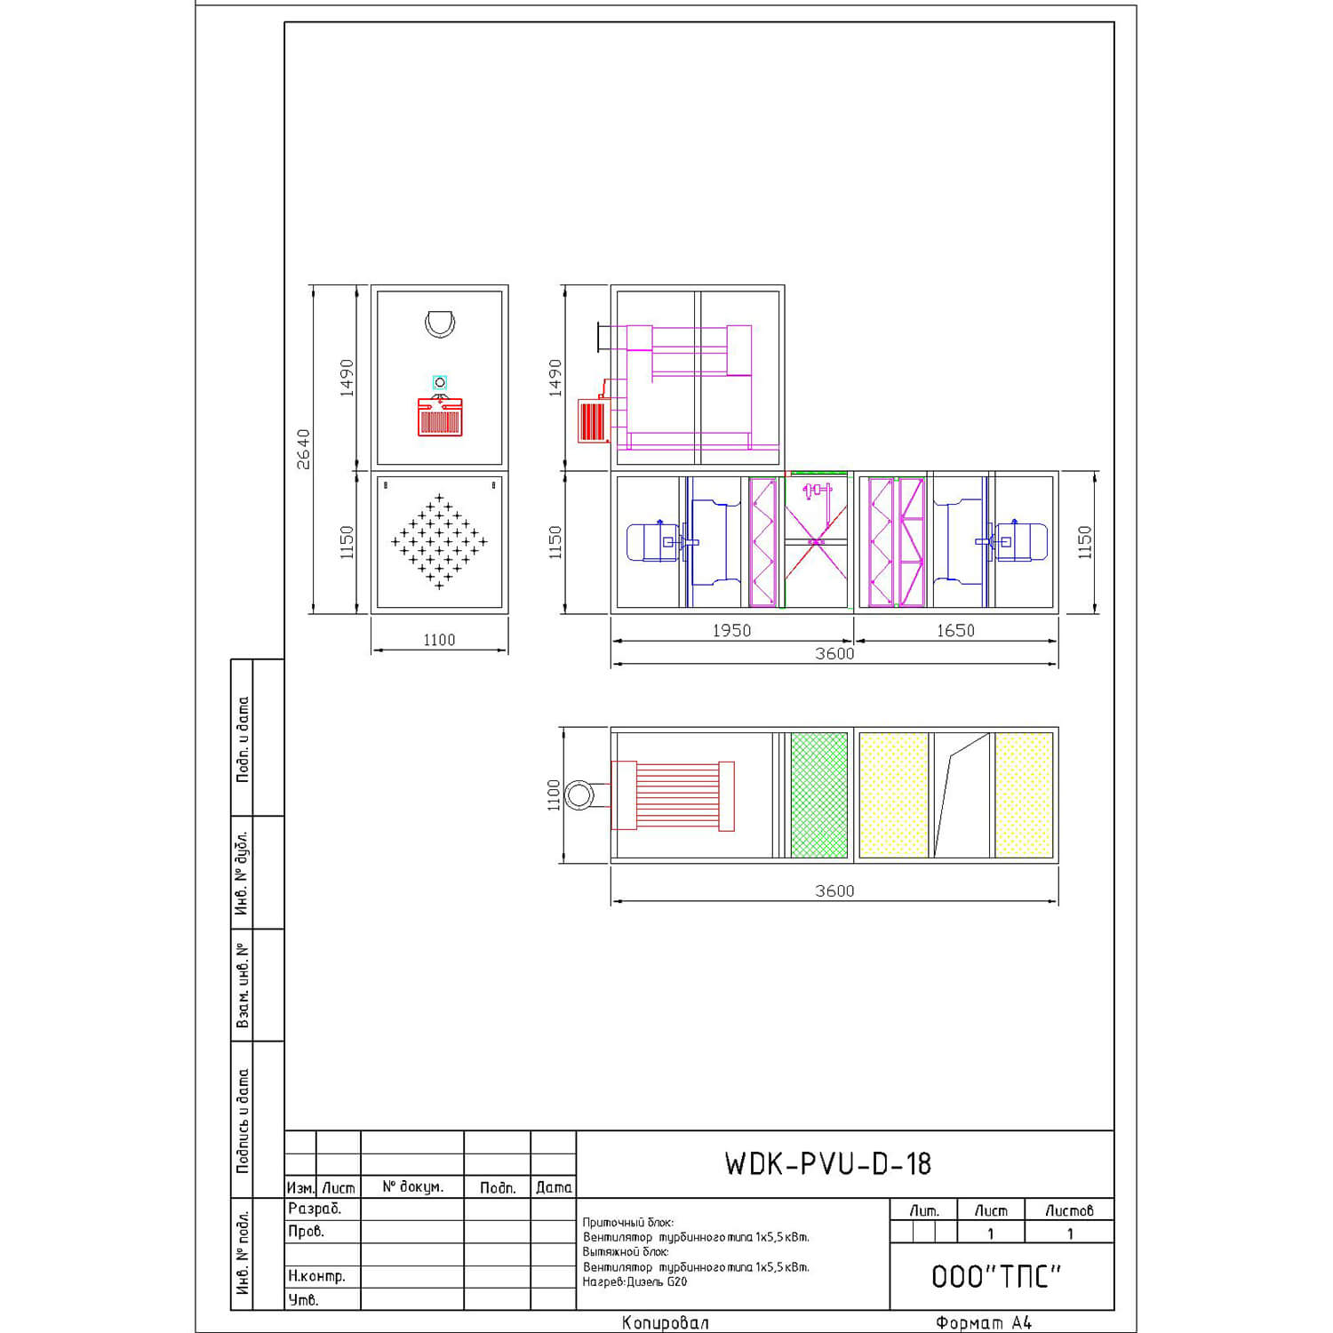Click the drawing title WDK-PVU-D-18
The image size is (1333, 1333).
point(827,1164)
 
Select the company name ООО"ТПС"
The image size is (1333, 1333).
point(996,1277)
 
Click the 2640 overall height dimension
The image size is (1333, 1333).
point(304,450)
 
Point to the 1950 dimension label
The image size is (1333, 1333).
point(731,630)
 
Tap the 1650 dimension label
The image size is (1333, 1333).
point(955,630)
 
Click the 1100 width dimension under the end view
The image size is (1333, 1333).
point(439,640)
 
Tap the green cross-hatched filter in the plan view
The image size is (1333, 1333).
point(819,794)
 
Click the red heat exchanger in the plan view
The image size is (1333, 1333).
point(673,795)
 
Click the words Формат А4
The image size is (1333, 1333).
point(984,1322)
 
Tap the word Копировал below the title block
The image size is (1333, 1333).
point(666,1322)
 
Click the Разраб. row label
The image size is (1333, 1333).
point(315,1209)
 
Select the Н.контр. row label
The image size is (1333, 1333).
point(316,1276)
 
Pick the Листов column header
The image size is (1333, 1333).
point(1069,1210)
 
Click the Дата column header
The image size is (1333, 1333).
point(554,1187)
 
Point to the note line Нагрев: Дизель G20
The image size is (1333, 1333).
point(635,1282)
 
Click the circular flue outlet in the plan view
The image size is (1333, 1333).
point(579,794)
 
